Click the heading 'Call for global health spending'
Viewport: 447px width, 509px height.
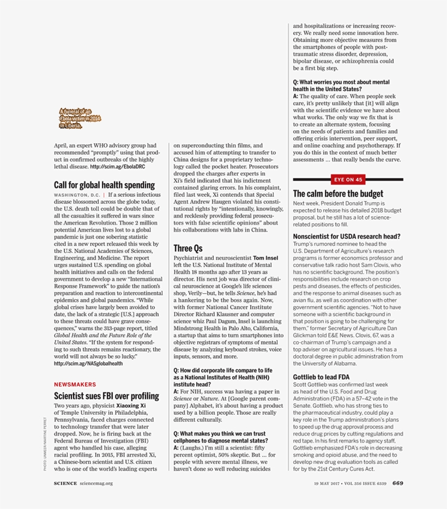tap(104, 185)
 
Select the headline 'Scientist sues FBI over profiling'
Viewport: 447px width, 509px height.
tap(106, 396)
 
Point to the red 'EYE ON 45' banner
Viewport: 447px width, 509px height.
tap(348, 179)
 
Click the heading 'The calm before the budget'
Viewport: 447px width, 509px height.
tap(338, 193)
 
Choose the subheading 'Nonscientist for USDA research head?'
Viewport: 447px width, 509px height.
tap(347, 237)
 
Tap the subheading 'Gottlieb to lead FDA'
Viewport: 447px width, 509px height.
tap(321, 377)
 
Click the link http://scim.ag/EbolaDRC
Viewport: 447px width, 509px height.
tap(118, 167)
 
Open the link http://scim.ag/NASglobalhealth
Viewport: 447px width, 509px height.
tap(88, 363)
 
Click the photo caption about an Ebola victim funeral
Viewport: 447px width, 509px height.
tap(80, 118)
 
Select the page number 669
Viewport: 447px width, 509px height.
tap(397, 482)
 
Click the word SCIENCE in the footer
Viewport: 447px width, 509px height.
tap(65, 483)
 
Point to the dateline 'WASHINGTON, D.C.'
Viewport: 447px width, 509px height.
tap(77, 195)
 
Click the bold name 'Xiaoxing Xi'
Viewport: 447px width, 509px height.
tap(131, 406)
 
